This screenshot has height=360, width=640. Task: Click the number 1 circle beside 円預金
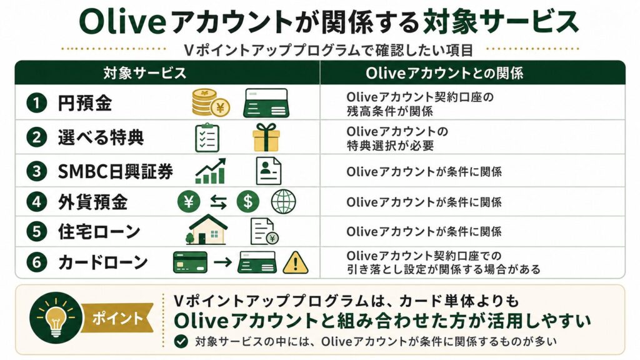click(37, 102)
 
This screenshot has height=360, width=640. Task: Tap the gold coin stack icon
click(211, 103)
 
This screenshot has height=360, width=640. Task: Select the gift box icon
click(266, 137)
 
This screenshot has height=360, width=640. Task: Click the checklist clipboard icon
click(207, 137)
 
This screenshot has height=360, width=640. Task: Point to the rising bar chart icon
click(210, 171)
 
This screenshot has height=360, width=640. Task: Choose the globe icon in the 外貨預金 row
click(283, 202)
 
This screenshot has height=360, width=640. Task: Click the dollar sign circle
click(247, 202)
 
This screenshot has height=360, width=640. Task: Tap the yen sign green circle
click(189, 202)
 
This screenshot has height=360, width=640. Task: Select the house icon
click(207, 230)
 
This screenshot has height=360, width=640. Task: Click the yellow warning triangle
click(296, 262)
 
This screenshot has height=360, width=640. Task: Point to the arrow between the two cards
click(223, 262)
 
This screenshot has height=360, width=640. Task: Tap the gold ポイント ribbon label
click(117, 318)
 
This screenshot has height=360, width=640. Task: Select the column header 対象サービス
click(144, 73)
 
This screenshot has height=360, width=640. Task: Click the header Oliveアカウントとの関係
click(444, 73)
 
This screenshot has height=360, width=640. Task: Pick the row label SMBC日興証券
click(116, 171)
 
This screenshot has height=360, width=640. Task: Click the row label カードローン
click(103, 262)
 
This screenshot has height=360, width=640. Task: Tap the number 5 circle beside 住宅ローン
click(37, 231)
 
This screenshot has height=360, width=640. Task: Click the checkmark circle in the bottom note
click(181, 341)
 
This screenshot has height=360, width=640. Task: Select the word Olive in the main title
click(122, 21)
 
